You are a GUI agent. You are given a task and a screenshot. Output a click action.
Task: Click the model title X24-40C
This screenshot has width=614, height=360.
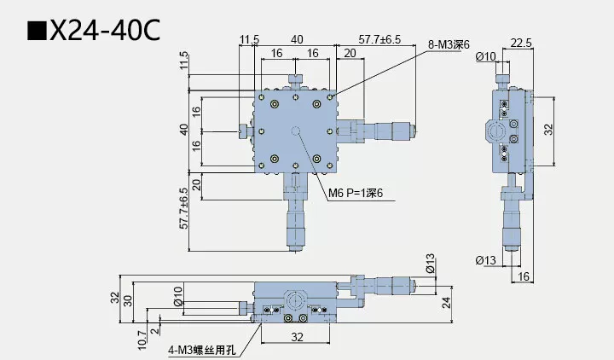point(104,32)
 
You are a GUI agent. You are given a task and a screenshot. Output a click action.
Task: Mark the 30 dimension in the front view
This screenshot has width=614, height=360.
point(129,299)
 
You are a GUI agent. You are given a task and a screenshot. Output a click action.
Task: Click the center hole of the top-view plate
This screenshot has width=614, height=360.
point(295,131)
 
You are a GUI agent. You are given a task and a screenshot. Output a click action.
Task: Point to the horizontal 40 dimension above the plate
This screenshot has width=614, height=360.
point(296,39)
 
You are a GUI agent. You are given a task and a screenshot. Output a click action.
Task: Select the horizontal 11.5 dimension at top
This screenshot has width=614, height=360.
point(249,39)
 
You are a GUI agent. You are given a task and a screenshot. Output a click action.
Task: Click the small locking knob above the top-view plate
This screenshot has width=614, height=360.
point(295,80)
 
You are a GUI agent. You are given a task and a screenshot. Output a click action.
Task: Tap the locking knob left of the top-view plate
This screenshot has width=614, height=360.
point(243,131)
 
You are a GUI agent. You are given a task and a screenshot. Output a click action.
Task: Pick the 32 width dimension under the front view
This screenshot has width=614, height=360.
point(296,337)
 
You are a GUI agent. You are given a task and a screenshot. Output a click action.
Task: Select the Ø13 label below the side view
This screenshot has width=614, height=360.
point(486,260)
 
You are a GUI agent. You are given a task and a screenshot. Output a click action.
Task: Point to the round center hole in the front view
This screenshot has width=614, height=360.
point(295,300)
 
